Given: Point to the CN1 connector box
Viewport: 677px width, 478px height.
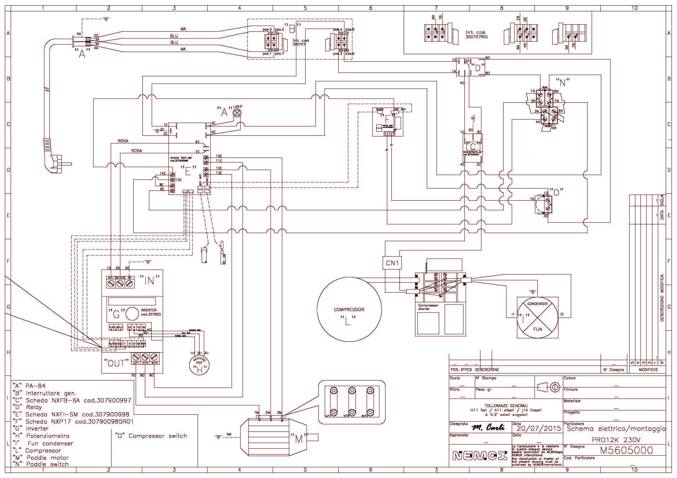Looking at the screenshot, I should coord(392,263).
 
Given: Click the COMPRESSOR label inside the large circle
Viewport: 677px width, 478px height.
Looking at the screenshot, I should coord(349,309).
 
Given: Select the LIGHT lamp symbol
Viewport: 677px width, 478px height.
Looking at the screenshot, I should coord(237,113).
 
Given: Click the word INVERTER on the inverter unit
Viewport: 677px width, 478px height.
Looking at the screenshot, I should coord(148,310).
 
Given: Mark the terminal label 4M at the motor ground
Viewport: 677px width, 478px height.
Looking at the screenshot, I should coord(229,434).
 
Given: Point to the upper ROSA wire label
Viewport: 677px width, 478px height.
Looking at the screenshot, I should coord(123,141).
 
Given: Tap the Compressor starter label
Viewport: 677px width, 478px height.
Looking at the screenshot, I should coord(428,307).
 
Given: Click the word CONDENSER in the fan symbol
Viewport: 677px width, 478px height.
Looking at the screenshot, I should coord(537,304).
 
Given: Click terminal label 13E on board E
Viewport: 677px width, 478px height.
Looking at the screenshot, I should coord(219,173).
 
